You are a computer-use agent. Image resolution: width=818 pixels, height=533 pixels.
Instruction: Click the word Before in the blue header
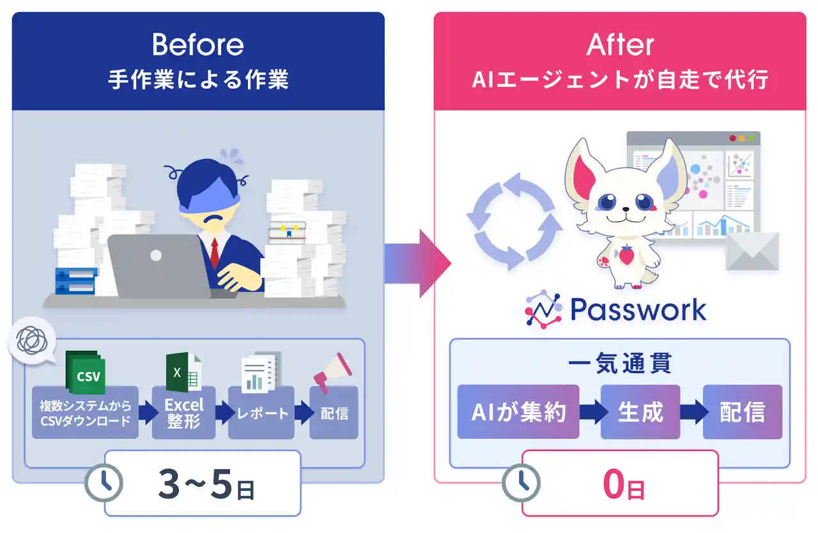coord(198,45)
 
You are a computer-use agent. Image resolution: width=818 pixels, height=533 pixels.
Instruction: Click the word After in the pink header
coord(620,45)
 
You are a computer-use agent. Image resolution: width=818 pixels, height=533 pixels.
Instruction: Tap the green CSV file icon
coord(85,373)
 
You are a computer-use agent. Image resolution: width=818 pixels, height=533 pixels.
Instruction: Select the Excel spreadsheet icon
coord(183,372)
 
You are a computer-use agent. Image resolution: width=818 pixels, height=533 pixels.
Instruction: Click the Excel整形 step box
coord(183,413)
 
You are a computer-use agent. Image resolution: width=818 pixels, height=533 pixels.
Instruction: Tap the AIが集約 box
coord(518,412)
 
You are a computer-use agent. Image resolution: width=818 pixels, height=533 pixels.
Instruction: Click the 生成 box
coord(641,412)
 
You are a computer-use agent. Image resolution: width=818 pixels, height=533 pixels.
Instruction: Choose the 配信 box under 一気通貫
coord(742,412)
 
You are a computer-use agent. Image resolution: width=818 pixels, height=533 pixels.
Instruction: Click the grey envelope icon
coord(752,251)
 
